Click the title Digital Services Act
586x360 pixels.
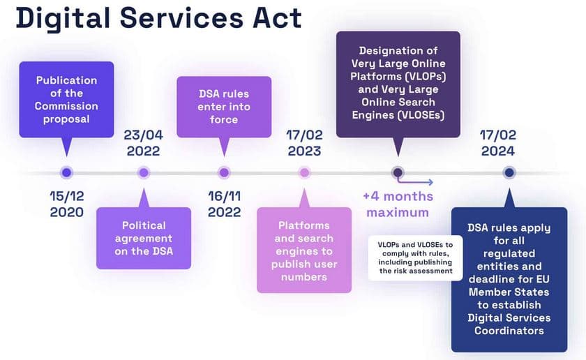pyautogui.click(x=159, y=19)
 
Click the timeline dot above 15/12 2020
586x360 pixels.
pyautogui.click(x=67, y=172)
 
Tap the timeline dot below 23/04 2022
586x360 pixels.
pyautogui.click(x=144, y=172)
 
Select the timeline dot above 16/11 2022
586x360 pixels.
pyautogui.click(x=224, y=172)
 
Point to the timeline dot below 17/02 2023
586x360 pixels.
pyautogui.click(x=304, y=172)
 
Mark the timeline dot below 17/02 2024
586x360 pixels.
pyautogui.click(x=509, y=172)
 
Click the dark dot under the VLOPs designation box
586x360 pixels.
pyautogui.click(x=398, y=172)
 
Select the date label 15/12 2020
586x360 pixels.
pyautogui.click(x=67, y=204)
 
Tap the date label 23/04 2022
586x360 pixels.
pyautogui.click(x=144, y=142)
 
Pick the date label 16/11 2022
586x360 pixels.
pyautogui.click(x=224, y=204)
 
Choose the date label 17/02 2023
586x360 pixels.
pyautogui.click(x=304, y=142)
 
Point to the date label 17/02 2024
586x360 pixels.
pyautogui.click(x=497, y=142)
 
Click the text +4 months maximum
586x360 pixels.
pyautogui.click(x=398, y=204)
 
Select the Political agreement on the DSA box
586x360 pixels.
pyautogui.click(x=144, y=238)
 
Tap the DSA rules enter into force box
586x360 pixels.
pyautogui.click(x=223, y=106)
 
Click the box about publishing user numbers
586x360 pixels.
pyautogui.click(x=304, y=250)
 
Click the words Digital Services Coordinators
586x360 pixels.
pyautogui.click(x=509, y=324)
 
